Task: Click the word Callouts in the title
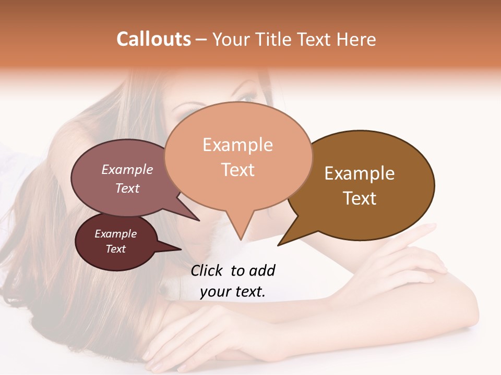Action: click(x=153, y=39)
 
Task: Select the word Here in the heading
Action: click(x=357, y=39)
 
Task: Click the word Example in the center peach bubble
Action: click(x=237, y=145)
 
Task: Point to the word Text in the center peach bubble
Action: click(x=237, y=170)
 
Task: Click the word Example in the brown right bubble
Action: click(x=360, y=173)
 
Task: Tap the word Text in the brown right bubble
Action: click(x=360, y=198)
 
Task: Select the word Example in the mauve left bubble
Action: click(x=127, y=170)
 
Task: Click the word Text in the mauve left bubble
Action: click(x=127, y=188)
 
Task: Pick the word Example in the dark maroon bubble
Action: click(x=116, y=234)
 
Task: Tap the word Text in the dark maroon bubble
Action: click(x=116, y=249)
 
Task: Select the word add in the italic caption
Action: click(x=262, y=270)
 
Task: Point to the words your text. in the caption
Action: click(x=233, y=292)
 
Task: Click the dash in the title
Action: click(x=201, y=40)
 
